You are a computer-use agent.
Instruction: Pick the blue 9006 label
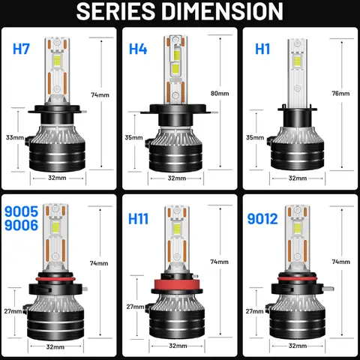pos(22,229)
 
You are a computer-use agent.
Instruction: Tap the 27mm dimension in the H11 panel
pos(135,307)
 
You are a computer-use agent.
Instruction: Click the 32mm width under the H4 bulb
pos(178,178)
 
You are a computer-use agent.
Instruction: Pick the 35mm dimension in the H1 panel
pos(255,138)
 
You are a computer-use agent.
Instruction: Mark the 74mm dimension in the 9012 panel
pos(340,262)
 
